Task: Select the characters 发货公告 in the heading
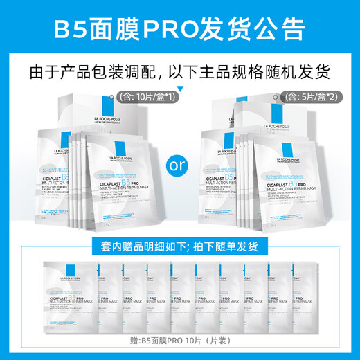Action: (255, 30)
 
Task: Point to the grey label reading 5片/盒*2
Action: (319, 97)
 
